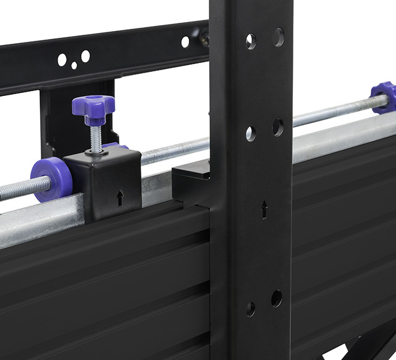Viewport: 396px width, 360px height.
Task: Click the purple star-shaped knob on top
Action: pos(93,107)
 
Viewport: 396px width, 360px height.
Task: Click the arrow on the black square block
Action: pos(120,197)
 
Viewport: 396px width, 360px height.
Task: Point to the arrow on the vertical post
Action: pos(264,209)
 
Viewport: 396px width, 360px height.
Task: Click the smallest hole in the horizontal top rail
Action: pos(74,65)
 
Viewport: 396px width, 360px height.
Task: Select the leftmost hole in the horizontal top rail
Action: pos(62,59)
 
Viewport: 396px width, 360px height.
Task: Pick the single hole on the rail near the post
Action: pos(185,41)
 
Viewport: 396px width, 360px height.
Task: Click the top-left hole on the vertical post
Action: pos(251,41)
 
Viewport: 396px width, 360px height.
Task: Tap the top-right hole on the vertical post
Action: pos(278,37)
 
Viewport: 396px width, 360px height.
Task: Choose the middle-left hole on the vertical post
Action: pos(251,133)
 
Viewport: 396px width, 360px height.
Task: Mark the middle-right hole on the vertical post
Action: pos(278,127)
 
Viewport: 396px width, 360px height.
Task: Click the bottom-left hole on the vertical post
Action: pos(250,309)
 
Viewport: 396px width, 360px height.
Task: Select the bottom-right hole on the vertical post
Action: pos(277,298)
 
